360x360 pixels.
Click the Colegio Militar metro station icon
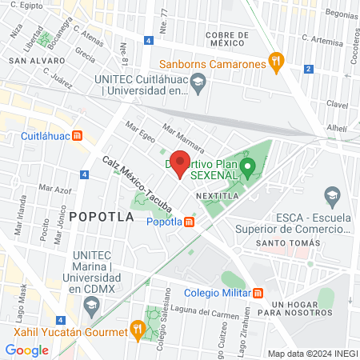259,293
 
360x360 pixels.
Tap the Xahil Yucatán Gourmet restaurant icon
138,328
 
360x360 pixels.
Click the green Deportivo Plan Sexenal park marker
248,167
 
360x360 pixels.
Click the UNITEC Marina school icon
92,305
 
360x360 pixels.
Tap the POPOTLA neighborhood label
99,216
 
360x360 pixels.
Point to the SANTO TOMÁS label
281,242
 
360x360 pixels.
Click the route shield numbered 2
308,69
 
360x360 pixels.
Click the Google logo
27,350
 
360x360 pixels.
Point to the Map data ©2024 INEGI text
312,354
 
